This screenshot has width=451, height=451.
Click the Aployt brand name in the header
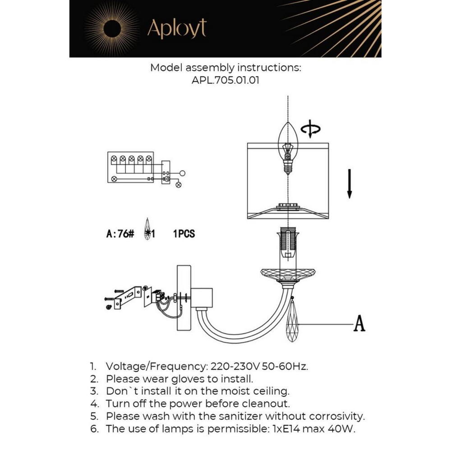[x=177, y=29]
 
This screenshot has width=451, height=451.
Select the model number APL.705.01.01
[x=225, y=80]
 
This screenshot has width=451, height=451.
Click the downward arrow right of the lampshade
[x=349, y=184]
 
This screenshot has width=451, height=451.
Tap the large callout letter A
[x=359, y=324]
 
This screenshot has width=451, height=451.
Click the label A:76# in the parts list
[x=120, y=234]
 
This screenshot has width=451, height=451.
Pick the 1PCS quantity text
[x=184, y=234]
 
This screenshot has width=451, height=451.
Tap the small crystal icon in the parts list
[x=147, y=230]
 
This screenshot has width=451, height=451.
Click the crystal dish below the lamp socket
[x=288, y=274]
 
